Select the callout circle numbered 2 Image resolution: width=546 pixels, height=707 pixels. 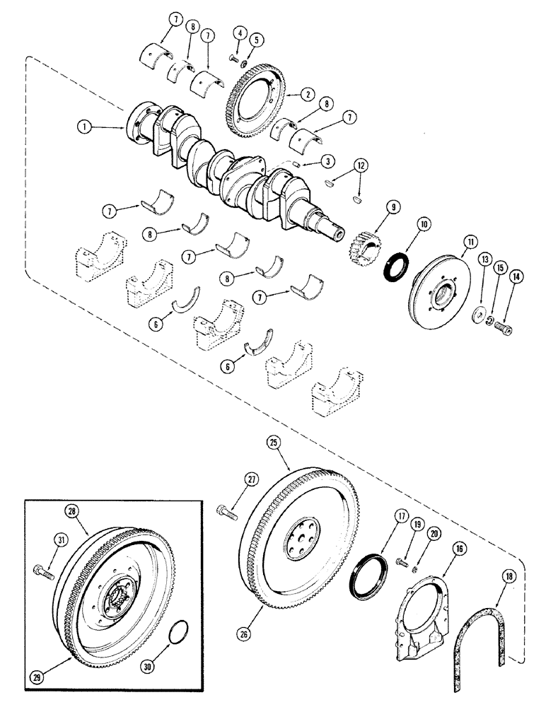click(308, 93)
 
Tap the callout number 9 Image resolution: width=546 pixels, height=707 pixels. click(392, 208)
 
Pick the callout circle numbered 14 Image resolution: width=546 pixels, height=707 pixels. click(515, 278)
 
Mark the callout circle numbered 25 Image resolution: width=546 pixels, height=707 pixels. click(273, 443)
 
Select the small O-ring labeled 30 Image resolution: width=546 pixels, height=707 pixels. click(180, 632)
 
